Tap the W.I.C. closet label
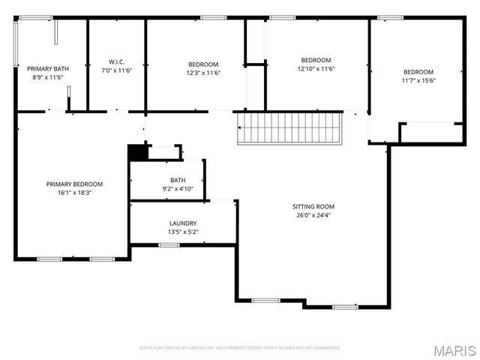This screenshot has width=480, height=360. (116, 61)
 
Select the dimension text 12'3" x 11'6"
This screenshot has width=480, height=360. (202, 73)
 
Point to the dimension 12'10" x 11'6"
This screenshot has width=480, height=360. (316, 69)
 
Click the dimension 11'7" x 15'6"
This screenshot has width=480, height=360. (418, 81)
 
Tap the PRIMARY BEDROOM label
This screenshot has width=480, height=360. (74, 184)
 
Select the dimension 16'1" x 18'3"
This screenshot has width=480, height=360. (74, 193)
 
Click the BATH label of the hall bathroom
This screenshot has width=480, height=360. (178, 180)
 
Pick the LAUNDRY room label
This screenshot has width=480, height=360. (183, 223)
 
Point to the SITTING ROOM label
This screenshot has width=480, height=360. (313, 206)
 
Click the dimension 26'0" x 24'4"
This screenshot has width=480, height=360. (313, 215)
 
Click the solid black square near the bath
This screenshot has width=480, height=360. (136, 151)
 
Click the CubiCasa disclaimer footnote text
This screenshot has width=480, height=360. (240, 348)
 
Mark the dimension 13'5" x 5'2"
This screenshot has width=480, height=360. (183, 232)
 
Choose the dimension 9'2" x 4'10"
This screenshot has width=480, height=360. (178, 189)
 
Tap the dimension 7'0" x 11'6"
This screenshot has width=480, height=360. (116, 70)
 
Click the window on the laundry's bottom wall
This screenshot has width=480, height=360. (168, 244)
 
